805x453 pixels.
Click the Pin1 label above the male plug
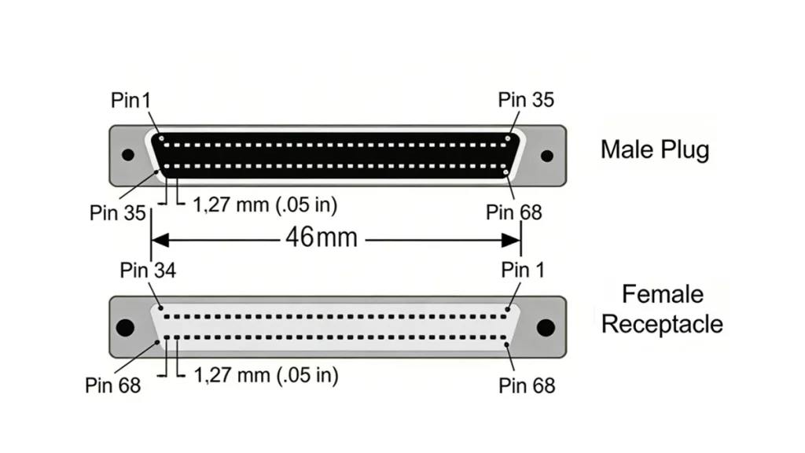[x=130, y=101]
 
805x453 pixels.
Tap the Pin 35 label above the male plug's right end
[x=526, y=100]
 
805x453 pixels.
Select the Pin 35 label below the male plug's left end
[x=118, y=213]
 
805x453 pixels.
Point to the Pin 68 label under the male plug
[x=514, y=212]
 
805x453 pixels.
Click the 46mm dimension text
[x=321, y=236]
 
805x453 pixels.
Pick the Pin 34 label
[x=148, y=271]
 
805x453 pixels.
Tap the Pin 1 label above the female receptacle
[x=523, y=271]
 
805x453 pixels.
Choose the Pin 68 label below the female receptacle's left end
[x=113, y=385]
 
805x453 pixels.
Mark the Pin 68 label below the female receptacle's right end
[x=527, y=385]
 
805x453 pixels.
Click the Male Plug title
[x=654, y=149]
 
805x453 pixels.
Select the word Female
[x=663, y=295]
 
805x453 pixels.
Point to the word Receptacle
[x=662, y=324]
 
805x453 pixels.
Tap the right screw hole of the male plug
[x=547, y=155]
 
